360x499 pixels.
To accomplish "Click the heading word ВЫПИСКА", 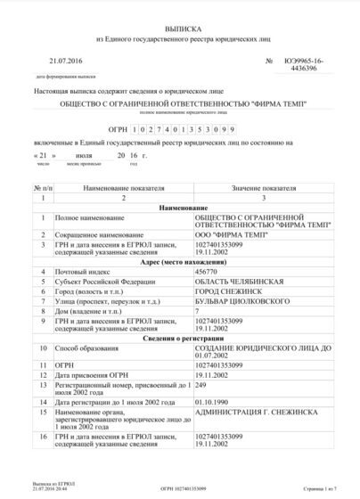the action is [181, 30].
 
